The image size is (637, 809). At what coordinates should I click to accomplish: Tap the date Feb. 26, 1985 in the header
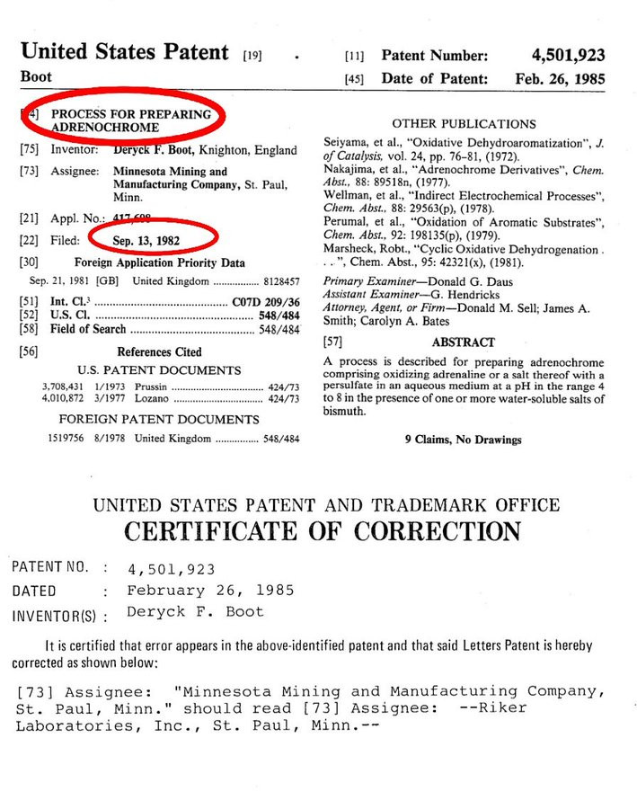[x=560, y=79]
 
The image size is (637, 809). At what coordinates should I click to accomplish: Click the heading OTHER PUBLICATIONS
[x=464, y=124]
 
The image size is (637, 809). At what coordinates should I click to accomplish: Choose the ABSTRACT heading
[x=464, y=342]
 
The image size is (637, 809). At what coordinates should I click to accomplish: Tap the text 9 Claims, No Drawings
[x=464, y=440]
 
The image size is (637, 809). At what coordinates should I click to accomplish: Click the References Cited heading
[x=159, y=351]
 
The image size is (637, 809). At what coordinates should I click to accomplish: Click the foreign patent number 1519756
[x=68, y=439]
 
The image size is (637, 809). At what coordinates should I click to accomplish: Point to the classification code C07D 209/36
[x=265, y=303]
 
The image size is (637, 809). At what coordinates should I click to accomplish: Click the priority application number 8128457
[x=279, y=280]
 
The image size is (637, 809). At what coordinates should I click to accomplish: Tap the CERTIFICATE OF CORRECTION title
[x=321, y=530]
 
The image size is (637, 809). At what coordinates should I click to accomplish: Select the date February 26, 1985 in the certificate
[x=210, y=591]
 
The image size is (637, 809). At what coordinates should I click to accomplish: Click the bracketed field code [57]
[x=333, y=342]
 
